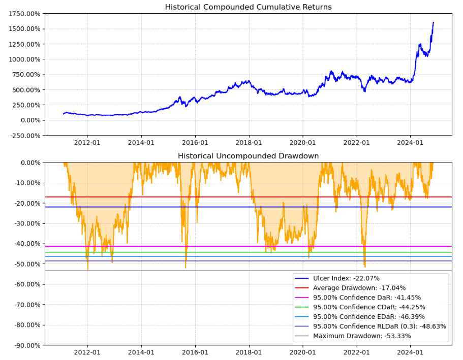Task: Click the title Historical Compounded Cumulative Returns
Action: (x=248, y=7)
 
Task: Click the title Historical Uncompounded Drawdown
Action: (x=248, y=156)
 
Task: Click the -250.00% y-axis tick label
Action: (x=24, y=136)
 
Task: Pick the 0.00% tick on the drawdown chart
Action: (x=29, y=162)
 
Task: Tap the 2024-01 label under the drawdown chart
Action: (x=410, y=352)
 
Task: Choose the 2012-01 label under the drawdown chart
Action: (x=87, y=352)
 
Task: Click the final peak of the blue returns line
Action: (x=433, y=22)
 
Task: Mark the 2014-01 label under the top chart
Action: (x=141, y=143)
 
